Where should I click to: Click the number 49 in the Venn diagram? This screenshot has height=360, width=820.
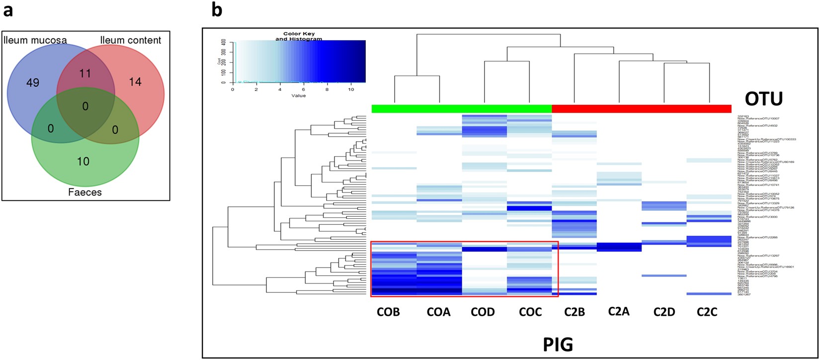[x=32, y=83]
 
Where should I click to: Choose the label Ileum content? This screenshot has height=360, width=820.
[x=131, y=40]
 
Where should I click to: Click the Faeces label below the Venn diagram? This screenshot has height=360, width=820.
[x=84, y=192]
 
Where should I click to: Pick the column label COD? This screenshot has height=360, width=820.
[x=483, y=312]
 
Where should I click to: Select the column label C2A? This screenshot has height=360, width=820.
[x=619, y=312]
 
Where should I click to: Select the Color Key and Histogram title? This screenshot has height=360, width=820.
[x=299, y=36]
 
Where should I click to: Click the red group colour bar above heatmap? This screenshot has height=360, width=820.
[x=642, y=108]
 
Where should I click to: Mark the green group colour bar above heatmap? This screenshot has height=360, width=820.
[x=462, y=108]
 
